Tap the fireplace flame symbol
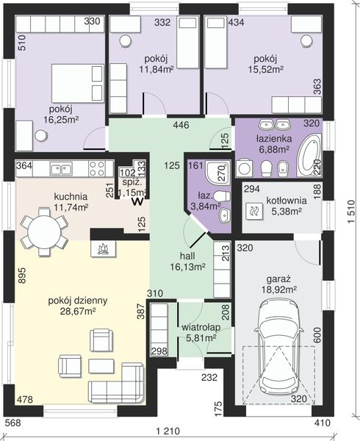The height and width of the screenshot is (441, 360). click(103, 248)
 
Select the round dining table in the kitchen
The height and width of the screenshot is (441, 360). click(44, 232)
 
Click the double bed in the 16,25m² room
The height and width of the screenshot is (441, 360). click(78, 83)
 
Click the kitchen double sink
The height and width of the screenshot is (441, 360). click(61, 169)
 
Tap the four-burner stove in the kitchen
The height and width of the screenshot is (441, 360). click(97, 168)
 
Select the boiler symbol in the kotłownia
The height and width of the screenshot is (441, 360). click(254, 211)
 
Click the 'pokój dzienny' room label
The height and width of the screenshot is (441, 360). click(78, 301)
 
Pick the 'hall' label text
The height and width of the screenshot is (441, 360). click(187, 256)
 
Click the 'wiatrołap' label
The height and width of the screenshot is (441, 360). click(201, 328)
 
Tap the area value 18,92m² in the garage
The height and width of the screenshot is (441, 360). click(280, 290)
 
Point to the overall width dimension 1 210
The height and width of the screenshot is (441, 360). click(168, 431)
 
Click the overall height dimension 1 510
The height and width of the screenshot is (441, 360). click(352, 212)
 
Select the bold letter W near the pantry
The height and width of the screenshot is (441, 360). click(138, 201)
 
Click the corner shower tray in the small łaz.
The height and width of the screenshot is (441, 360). click(217, 172)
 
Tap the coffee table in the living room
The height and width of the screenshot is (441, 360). click(101, 365)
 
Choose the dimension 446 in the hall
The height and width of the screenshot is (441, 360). click(181, 125)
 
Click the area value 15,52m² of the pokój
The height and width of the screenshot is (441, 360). click(265, 69)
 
